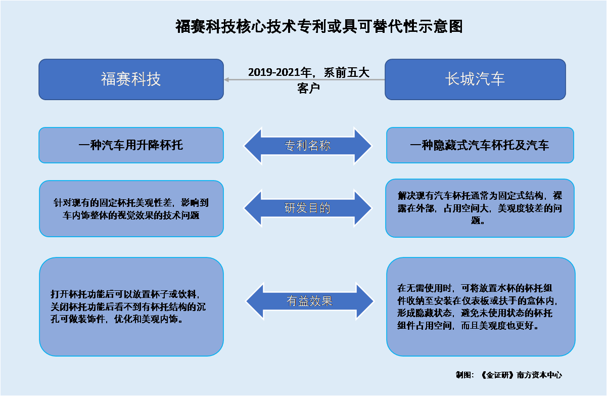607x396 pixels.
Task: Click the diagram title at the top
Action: click(319, 27)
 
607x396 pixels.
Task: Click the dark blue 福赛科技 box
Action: click(131, 79)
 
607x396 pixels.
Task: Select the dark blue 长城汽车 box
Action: click(475, 79)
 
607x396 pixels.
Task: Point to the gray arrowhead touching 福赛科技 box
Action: click(226, 79)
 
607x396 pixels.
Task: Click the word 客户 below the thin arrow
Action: click(308, 88)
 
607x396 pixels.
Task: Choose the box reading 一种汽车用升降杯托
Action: click(131, 145)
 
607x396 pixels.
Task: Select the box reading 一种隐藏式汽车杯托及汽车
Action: click(480, 145)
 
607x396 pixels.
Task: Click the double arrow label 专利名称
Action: click(308, 146)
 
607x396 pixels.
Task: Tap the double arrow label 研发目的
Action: click(307, 208)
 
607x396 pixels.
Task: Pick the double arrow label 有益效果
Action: click(309, 301)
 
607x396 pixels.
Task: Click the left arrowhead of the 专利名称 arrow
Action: click(253, 146)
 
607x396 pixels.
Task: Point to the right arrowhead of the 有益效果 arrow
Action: click(365, 301)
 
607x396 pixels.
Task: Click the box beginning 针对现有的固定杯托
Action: click(131, 208)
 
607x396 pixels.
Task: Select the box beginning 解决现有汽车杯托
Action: click(480, 208)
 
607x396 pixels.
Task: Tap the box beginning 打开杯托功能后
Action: click(131, 307)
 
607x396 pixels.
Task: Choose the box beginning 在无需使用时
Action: click(481, 307)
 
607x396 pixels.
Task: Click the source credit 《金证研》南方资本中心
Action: click(521, 375)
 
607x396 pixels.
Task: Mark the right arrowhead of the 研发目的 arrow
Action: click(362, 208)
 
